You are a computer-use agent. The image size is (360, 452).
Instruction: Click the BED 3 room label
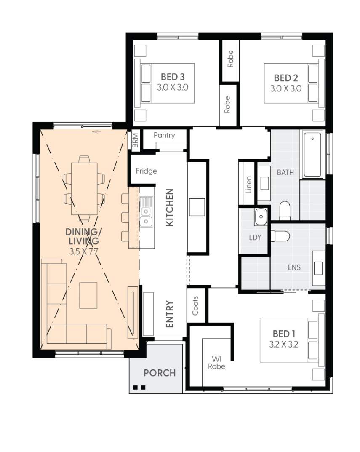[173, 77]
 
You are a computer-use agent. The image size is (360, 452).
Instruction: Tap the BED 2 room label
[285, 78]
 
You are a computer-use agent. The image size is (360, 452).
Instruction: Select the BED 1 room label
[284, 334]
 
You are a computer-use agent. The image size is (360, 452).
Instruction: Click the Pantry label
[164, 135]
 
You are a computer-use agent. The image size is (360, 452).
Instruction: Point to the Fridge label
[147, 171]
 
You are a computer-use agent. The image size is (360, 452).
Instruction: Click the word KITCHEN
[170, 208]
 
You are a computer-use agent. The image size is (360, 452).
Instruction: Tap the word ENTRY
[170, 314]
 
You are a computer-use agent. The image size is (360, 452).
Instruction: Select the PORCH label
[160, 373]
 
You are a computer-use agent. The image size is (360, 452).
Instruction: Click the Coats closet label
[195, 305]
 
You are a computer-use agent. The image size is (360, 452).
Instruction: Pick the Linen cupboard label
[248, 185]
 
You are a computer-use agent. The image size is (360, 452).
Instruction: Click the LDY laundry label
[255, 238]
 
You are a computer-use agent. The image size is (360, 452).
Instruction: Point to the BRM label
[135, 140]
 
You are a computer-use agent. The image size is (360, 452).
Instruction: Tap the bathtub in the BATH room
[312, 154]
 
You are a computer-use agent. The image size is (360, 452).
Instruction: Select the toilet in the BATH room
[285, 211]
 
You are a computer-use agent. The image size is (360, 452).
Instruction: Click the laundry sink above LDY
[261, 217]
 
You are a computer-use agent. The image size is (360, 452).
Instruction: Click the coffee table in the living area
[88, 295]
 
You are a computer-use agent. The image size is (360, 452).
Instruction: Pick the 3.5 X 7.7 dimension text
[84, 251]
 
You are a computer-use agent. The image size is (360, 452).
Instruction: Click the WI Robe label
[216, 363]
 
